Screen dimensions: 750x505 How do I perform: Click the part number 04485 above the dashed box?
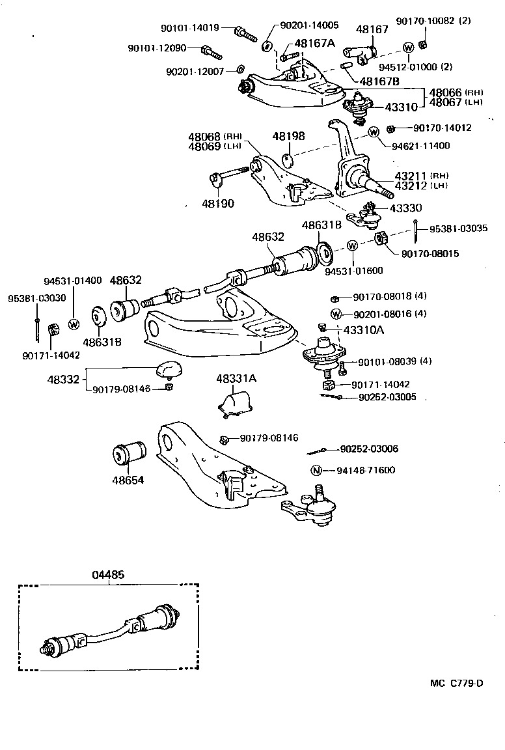(x=107, y=575)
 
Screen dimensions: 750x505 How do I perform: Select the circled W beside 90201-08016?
(x=336, y=314)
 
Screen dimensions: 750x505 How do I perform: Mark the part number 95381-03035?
(x=458, y=229)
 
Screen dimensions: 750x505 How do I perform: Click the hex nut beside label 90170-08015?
(x=382, y=240)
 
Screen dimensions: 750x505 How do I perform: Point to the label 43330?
(x=405, y=208)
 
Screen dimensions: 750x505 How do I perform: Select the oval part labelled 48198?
(x=288, y=159)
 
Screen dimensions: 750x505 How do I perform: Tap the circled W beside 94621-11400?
(x=374, y=132)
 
